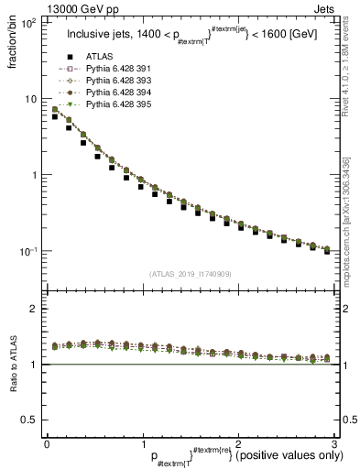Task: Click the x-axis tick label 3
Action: pos(334,442)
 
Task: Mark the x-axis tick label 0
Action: pos(47,442)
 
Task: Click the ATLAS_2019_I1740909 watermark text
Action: pos(190,274)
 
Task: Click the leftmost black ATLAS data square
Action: pos(55,117)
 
